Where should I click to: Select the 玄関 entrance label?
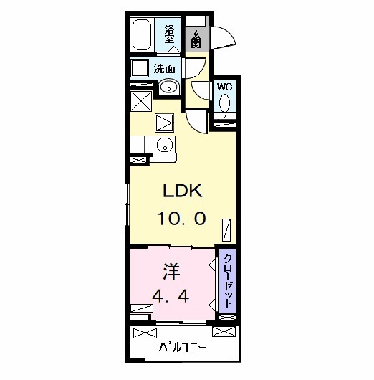coord(196,39)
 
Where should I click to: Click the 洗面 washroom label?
coord(165,70)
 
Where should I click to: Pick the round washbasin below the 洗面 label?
coord(169,87)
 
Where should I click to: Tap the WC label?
coord(224,87)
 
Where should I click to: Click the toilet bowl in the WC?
coord(224,103)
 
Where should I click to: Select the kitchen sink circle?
coord(166,145)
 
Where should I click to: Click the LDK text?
coord(183,191)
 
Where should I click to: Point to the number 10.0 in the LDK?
coord(182,218)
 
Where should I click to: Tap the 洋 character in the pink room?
coord(171,272)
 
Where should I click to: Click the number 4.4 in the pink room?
coord(171,296)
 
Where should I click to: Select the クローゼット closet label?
coord(228,280)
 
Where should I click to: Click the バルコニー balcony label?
coord(183,348)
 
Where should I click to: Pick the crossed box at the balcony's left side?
coord(145,333)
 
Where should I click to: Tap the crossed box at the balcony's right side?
coord(224,331)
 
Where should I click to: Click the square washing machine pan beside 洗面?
coord(140,68)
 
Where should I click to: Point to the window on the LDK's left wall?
coord(128,204)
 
